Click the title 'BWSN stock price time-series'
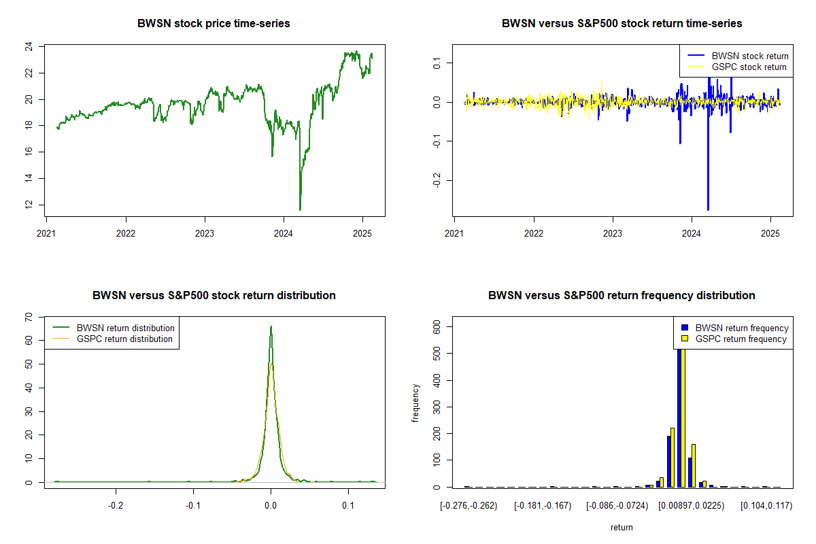pos(214,24)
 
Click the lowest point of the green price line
pos(300,209)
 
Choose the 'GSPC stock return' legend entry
pos(749,67)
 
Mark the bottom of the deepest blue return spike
pos(708,209)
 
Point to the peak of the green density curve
pos(271,326)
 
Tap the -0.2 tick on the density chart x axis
pos(116,505)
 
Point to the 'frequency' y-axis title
pos(416,404)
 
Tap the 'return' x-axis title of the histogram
pos(622,527)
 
